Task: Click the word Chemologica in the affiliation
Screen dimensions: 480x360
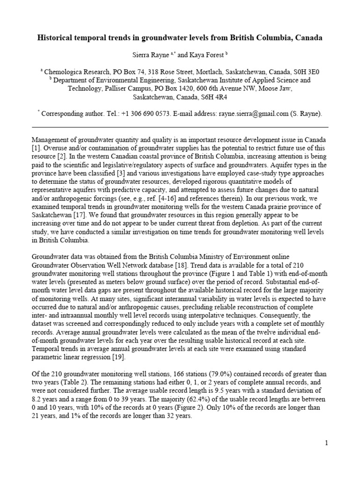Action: click(x=62, y=72)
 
